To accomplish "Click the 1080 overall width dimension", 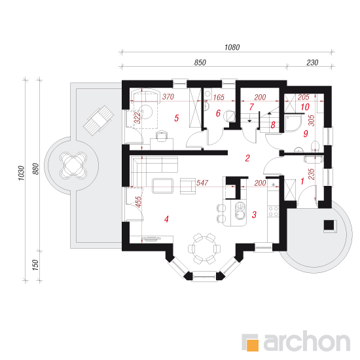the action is pos(232,47).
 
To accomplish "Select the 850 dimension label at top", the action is pos(200,62).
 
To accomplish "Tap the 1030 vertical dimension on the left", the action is pos(21,173).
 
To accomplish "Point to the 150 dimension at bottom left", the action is pos(35,265).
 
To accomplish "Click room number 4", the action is pos(166,219).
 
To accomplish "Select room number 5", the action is pos(176,118).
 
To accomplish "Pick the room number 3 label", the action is pos(254,215).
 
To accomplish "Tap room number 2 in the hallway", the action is pos(247,158).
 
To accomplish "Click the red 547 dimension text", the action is pos(202,183).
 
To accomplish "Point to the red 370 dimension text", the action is pos(168,97).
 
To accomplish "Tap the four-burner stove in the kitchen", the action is pos(274,211).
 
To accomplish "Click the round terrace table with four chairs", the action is pos(73,164).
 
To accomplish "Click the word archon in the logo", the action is pos(307,342).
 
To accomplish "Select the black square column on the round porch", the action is pos(329,225).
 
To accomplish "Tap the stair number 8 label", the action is pos(273,125).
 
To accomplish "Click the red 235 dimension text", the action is pos(311,174).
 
